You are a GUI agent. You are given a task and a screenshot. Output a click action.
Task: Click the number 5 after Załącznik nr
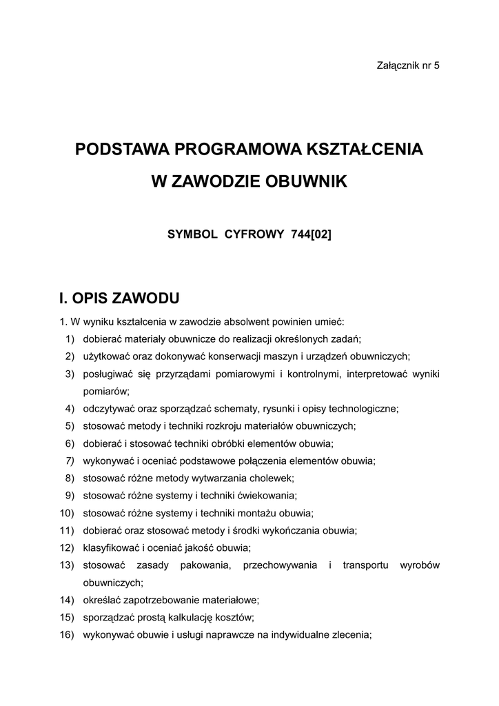pos(437,65)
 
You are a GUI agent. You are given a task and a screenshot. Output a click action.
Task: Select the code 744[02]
pos(312,234)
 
